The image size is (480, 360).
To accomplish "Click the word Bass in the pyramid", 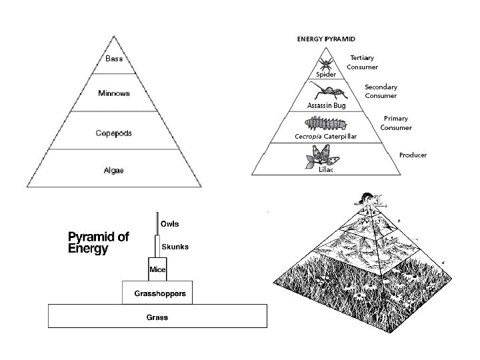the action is point(113,59).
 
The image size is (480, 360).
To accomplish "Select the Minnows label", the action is point(114,93).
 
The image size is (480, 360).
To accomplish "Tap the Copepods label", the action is point(113,133).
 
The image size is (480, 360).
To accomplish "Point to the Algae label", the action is point(113,170).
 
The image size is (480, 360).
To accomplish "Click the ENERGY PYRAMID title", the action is point(326,39).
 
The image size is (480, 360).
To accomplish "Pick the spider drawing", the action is point(326,64).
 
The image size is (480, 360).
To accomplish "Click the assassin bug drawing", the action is point(326,92).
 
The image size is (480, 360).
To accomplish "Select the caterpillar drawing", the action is point(326,123).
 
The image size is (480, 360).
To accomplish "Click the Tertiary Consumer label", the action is point(363,62).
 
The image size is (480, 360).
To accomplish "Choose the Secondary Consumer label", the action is point(381,91).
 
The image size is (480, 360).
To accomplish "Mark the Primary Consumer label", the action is point(396,123).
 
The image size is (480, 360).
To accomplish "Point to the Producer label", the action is point(413,155).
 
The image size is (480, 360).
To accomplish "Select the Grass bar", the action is point(157,317).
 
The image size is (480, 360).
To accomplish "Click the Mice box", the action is point(157,269).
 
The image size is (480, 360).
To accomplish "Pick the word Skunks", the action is point(175,247).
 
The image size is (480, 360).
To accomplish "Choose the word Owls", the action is point(170,223).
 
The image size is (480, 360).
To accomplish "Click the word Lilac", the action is point(326,170).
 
